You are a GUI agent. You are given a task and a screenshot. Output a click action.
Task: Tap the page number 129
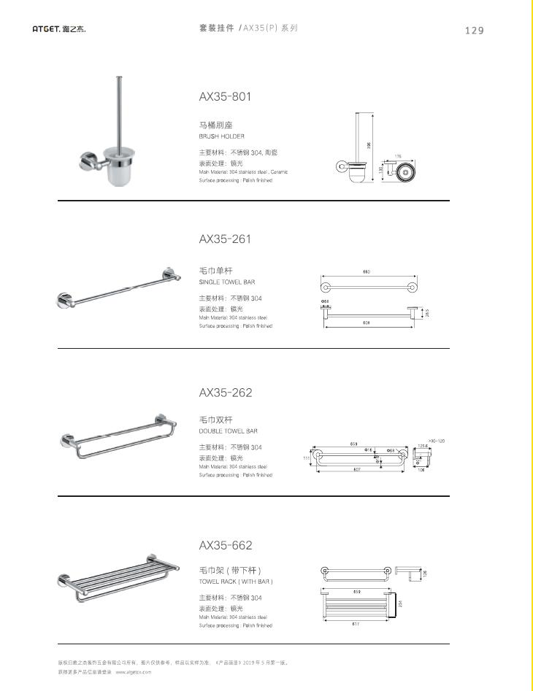click(x=474, y=30)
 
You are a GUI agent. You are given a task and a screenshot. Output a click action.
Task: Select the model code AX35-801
click(x=225, y=96)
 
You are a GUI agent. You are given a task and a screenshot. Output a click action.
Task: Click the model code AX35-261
click(x=225, y=239)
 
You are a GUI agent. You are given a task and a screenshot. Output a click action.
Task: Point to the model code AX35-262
click(x=225, y=393)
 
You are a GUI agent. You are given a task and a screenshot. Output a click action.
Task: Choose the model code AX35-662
click(x=225, y=545)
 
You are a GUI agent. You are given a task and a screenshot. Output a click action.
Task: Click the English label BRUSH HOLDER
click(x=222, y=136)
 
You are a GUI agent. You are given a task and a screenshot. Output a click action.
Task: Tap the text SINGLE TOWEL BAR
click(x=227, y=282)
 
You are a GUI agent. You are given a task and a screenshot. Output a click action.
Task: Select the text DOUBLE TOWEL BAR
click(x=228, y=431)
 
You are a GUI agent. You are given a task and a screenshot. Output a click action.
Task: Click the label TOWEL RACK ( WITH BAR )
click(x=236, y=582)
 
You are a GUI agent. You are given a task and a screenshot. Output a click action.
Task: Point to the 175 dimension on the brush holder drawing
click(x=398, y=156)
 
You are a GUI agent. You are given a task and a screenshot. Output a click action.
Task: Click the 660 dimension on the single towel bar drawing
click(x=367, y=272)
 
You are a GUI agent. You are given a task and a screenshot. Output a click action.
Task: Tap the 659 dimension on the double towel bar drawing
click(x=353, y=444)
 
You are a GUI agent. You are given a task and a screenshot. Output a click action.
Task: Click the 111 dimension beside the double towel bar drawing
click(x=307, y=458)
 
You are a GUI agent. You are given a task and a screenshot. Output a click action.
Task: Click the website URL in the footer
click(x=133, y=671)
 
